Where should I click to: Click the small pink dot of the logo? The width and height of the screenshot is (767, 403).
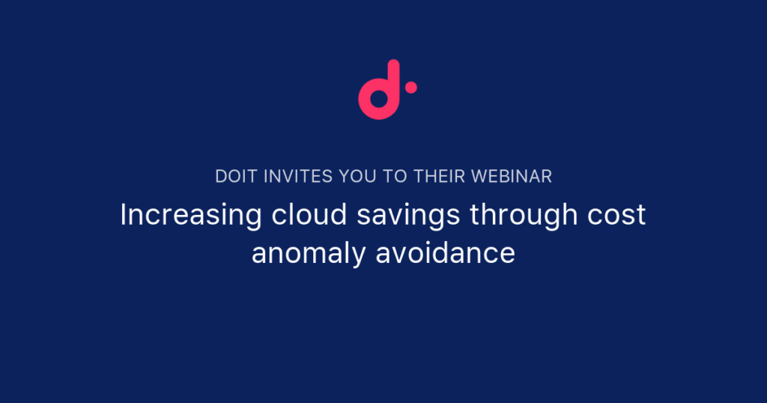tap(411, 88)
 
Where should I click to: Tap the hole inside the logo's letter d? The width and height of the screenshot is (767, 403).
tap(379, 98)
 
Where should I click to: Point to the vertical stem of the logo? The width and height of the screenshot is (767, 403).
tap(394, 83)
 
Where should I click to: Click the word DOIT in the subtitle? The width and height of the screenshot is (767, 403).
tap(236, 177)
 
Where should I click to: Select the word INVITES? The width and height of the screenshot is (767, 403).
tap(298, 177)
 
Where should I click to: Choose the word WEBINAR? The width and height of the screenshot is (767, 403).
tap(512, 177)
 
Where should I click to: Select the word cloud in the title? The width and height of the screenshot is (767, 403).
tap(309, 214)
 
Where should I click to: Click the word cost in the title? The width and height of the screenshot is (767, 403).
tap(616, 215)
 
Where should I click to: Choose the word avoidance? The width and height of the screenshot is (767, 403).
tap(445, 253)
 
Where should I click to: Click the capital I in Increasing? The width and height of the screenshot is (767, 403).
tap(124, 214)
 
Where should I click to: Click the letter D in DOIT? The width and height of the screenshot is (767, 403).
tap(221, 177)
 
